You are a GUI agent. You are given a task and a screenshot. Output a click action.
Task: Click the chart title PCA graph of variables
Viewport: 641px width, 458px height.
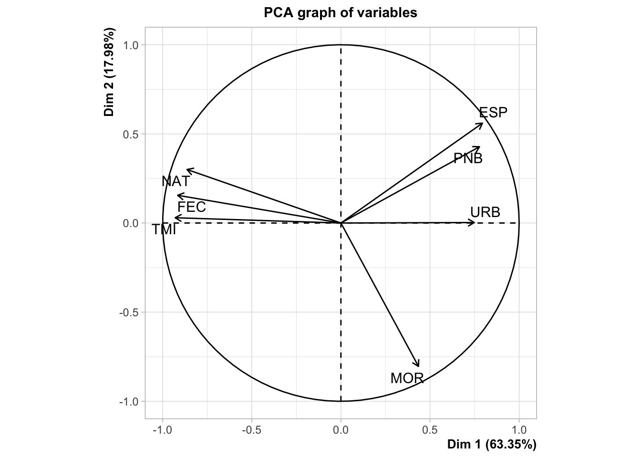pyautogui.click(x=341, y=13)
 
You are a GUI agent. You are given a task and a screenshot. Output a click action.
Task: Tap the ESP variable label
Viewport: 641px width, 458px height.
pyautogui.click(x=493, y=113)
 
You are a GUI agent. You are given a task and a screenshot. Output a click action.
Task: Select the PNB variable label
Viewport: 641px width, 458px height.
pyautogui.click(x=468, y=158)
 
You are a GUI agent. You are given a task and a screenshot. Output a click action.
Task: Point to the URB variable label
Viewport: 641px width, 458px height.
pyautogui.click(x=485, y=212)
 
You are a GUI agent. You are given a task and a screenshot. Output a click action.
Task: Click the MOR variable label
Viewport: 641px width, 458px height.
pyautogui.click(x=407, y=378)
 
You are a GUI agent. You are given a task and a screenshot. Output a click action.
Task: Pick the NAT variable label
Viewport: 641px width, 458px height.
pyautogui.click(x=176, y=181)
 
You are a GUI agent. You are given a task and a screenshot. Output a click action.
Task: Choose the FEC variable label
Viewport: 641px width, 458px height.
pyautogui.click(x=192, y=207)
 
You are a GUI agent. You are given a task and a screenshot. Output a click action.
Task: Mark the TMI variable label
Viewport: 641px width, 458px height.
pyautogui.click(x=164, y=230)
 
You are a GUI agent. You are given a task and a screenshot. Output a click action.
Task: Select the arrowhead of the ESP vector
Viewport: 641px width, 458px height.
pyautogui.click(x=482, y=124)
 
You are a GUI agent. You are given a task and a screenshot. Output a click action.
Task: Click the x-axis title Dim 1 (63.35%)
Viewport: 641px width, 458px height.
pyautogui.click(x=492, y=445)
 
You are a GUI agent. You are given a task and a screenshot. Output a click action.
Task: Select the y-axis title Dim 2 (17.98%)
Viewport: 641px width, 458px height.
pyautogui.click(x=110, y=73)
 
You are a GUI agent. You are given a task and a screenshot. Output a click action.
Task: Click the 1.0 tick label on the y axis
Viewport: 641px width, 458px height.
pyautogui.click(x=131, y=45)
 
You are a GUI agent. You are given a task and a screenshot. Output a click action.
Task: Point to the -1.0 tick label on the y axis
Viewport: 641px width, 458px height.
pyautogui.click(x=129, y=401)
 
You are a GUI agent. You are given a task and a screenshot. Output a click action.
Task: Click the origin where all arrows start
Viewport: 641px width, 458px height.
pyautogui.click(x=341, y=223)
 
